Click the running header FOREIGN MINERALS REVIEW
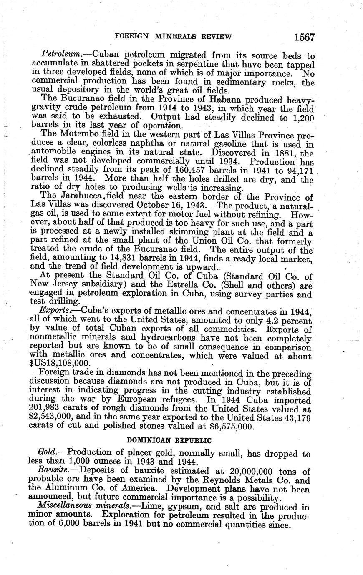point(173,37)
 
